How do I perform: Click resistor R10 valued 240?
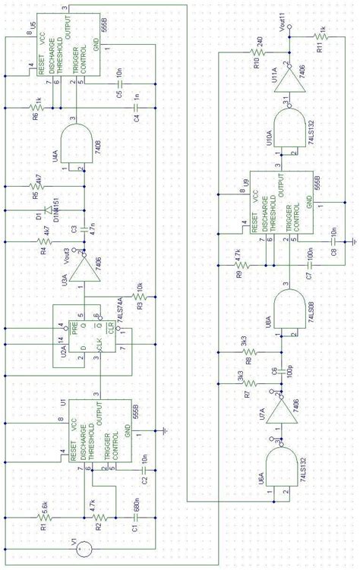(x=258, y=52)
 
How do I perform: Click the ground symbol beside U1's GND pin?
(x=165, y=431)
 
